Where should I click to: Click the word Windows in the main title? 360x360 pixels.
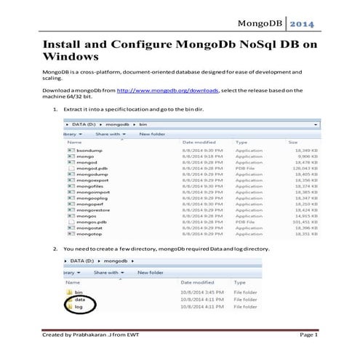70,56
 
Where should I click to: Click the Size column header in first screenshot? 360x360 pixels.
293,142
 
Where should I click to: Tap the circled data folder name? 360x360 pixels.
80,299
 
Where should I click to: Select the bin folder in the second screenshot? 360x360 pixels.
79,291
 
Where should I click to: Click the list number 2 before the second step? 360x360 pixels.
55,249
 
